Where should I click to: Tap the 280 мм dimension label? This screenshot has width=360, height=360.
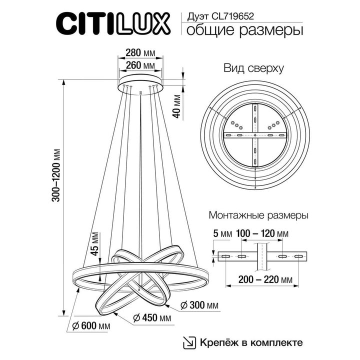140,52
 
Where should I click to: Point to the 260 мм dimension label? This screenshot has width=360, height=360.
140,65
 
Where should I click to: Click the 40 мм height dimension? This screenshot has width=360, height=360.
175,105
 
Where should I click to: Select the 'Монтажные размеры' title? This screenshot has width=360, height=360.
257,216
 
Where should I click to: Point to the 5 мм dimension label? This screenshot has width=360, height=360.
222,234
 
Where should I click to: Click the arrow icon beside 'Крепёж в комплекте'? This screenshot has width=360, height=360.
189,342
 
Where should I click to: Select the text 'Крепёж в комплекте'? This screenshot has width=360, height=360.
251,342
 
